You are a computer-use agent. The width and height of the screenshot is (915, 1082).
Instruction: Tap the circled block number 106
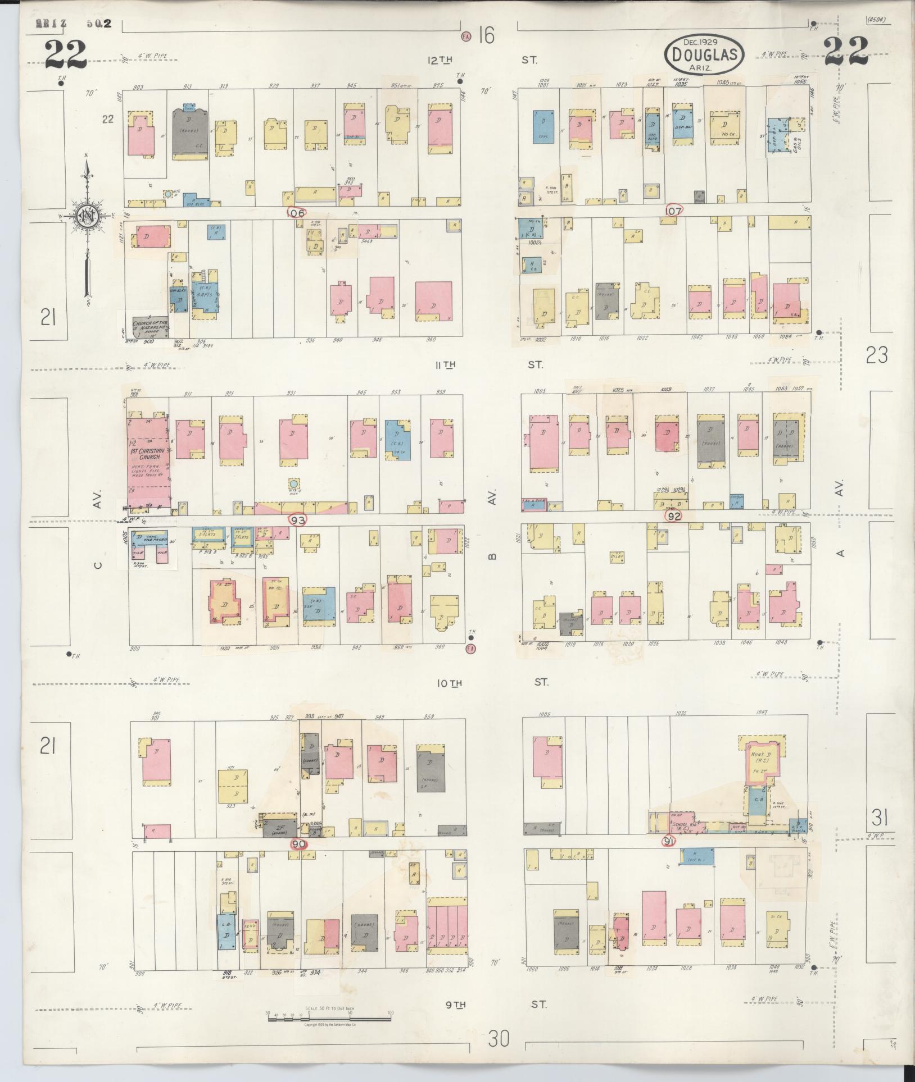click(296, 213)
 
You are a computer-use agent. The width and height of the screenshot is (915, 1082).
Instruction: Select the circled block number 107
click(673, 211)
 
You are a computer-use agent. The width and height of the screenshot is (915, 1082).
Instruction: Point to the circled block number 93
click(298, 521)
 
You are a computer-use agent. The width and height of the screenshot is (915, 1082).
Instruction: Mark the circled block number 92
click(673, 515)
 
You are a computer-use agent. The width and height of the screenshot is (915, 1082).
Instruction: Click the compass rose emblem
click(87, 216)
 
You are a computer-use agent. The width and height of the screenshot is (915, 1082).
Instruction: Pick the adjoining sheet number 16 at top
click(486, 36)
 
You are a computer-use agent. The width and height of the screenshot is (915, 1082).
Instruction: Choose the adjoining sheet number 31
click(877, 817)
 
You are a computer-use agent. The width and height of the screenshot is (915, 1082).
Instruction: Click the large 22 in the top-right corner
click(846, 52)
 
